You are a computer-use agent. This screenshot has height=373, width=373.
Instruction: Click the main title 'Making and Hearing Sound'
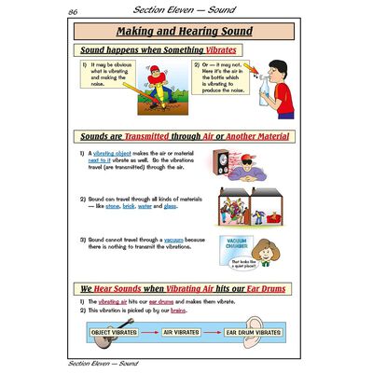point(187,32)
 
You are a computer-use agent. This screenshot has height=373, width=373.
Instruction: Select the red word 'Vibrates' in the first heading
point(215,49)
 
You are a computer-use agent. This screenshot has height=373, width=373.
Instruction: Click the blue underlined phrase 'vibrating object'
point(110,153)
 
